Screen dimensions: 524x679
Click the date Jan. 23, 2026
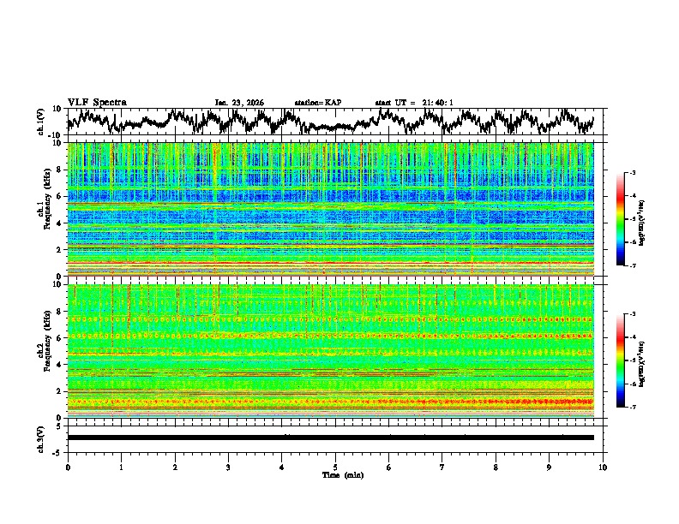click(238, 103)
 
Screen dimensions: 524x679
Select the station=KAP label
click(317, 103)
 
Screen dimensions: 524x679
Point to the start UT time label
click(414, 103)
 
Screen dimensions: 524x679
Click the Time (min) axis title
click(335, 474)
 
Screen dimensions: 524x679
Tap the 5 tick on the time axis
click(335, 467)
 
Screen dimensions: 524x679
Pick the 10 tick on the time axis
click(603, 467)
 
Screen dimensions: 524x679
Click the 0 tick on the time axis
click(68, 467)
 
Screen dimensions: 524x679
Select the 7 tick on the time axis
click(442, 467)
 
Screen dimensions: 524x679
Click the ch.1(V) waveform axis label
click(40, 122)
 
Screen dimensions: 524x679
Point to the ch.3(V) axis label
click(40, 437)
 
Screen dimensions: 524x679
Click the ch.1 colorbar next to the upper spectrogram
click(620, 219)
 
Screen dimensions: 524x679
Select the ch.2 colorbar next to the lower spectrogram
click(620, 360)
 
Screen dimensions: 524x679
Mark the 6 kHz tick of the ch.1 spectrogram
click(59, 196)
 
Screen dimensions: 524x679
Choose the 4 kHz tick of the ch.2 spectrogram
click(59, 364)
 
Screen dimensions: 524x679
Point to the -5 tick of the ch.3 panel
click(57, 450)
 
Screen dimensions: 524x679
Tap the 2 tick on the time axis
click(175, 467)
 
